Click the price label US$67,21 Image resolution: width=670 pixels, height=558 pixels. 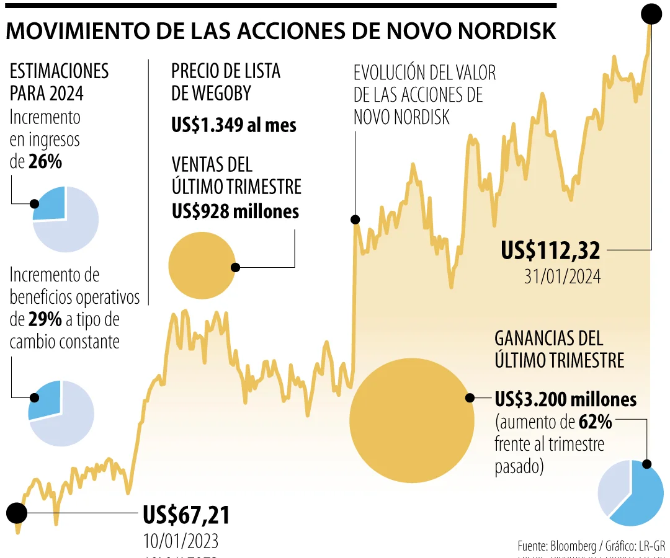[x=186, y=515]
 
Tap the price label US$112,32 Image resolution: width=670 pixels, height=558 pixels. [x=550, y=250]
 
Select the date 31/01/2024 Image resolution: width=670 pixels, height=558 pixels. [x=562, y=276]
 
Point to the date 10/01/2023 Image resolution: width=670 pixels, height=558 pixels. [x=181, y=541]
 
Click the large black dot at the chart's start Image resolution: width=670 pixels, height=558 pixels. [x=17, y=513]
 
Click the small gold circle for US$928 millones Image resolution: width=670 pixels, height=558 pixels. [x=201, y=265]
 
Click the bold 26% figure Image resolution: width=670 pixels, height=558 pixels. [x=45, y=162]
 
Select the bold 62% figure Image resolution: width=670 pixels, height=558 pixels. [x=596, y=422]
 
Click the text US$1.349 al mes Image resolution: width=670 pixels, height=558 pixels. [x=234, y=125]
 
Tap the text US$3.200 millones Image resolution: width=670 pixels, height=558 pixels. [x=566, y=399]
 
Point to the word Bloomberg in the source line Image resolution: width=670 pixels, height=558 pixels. [x=569, y=546]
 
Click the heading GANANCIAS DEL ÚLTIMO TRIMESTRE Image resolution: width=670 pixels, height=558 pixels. [x=559, y=348]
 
